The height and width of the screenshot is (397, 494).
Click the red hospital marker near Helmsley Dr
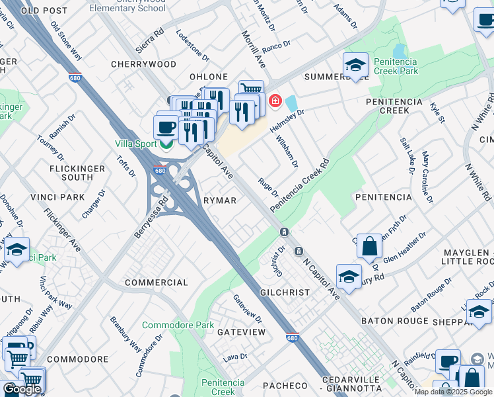[275, 101]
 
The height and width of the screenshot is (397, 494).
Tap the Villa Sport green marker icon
[167, 142]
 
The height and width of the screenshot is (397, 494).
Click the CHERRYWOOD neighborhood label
[144, 64]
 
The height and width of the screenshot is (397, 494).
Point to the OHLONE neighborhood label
[209, 77]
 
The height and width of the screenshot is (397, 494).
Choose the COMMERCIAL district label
[157, 283]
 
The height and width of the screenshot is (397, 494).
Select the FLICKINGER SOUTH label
[77, 173]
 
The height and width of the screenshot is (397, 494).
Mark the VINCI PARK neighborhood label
[57, 197]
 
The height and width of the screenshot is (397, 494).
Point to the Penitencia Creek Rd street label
[299, 185]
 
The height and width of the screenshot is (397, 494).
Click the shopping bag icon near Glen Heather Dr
[370, 245]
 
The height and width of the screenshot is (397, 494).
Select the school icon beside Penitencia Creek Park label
[355, 66]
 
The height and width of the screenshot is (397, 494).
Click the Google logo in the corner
[22, 389]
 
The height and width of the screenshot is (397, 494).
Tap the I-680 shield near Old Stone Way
[75, 77]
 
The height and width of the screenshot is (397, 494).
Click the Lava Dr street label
[234, 357]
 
